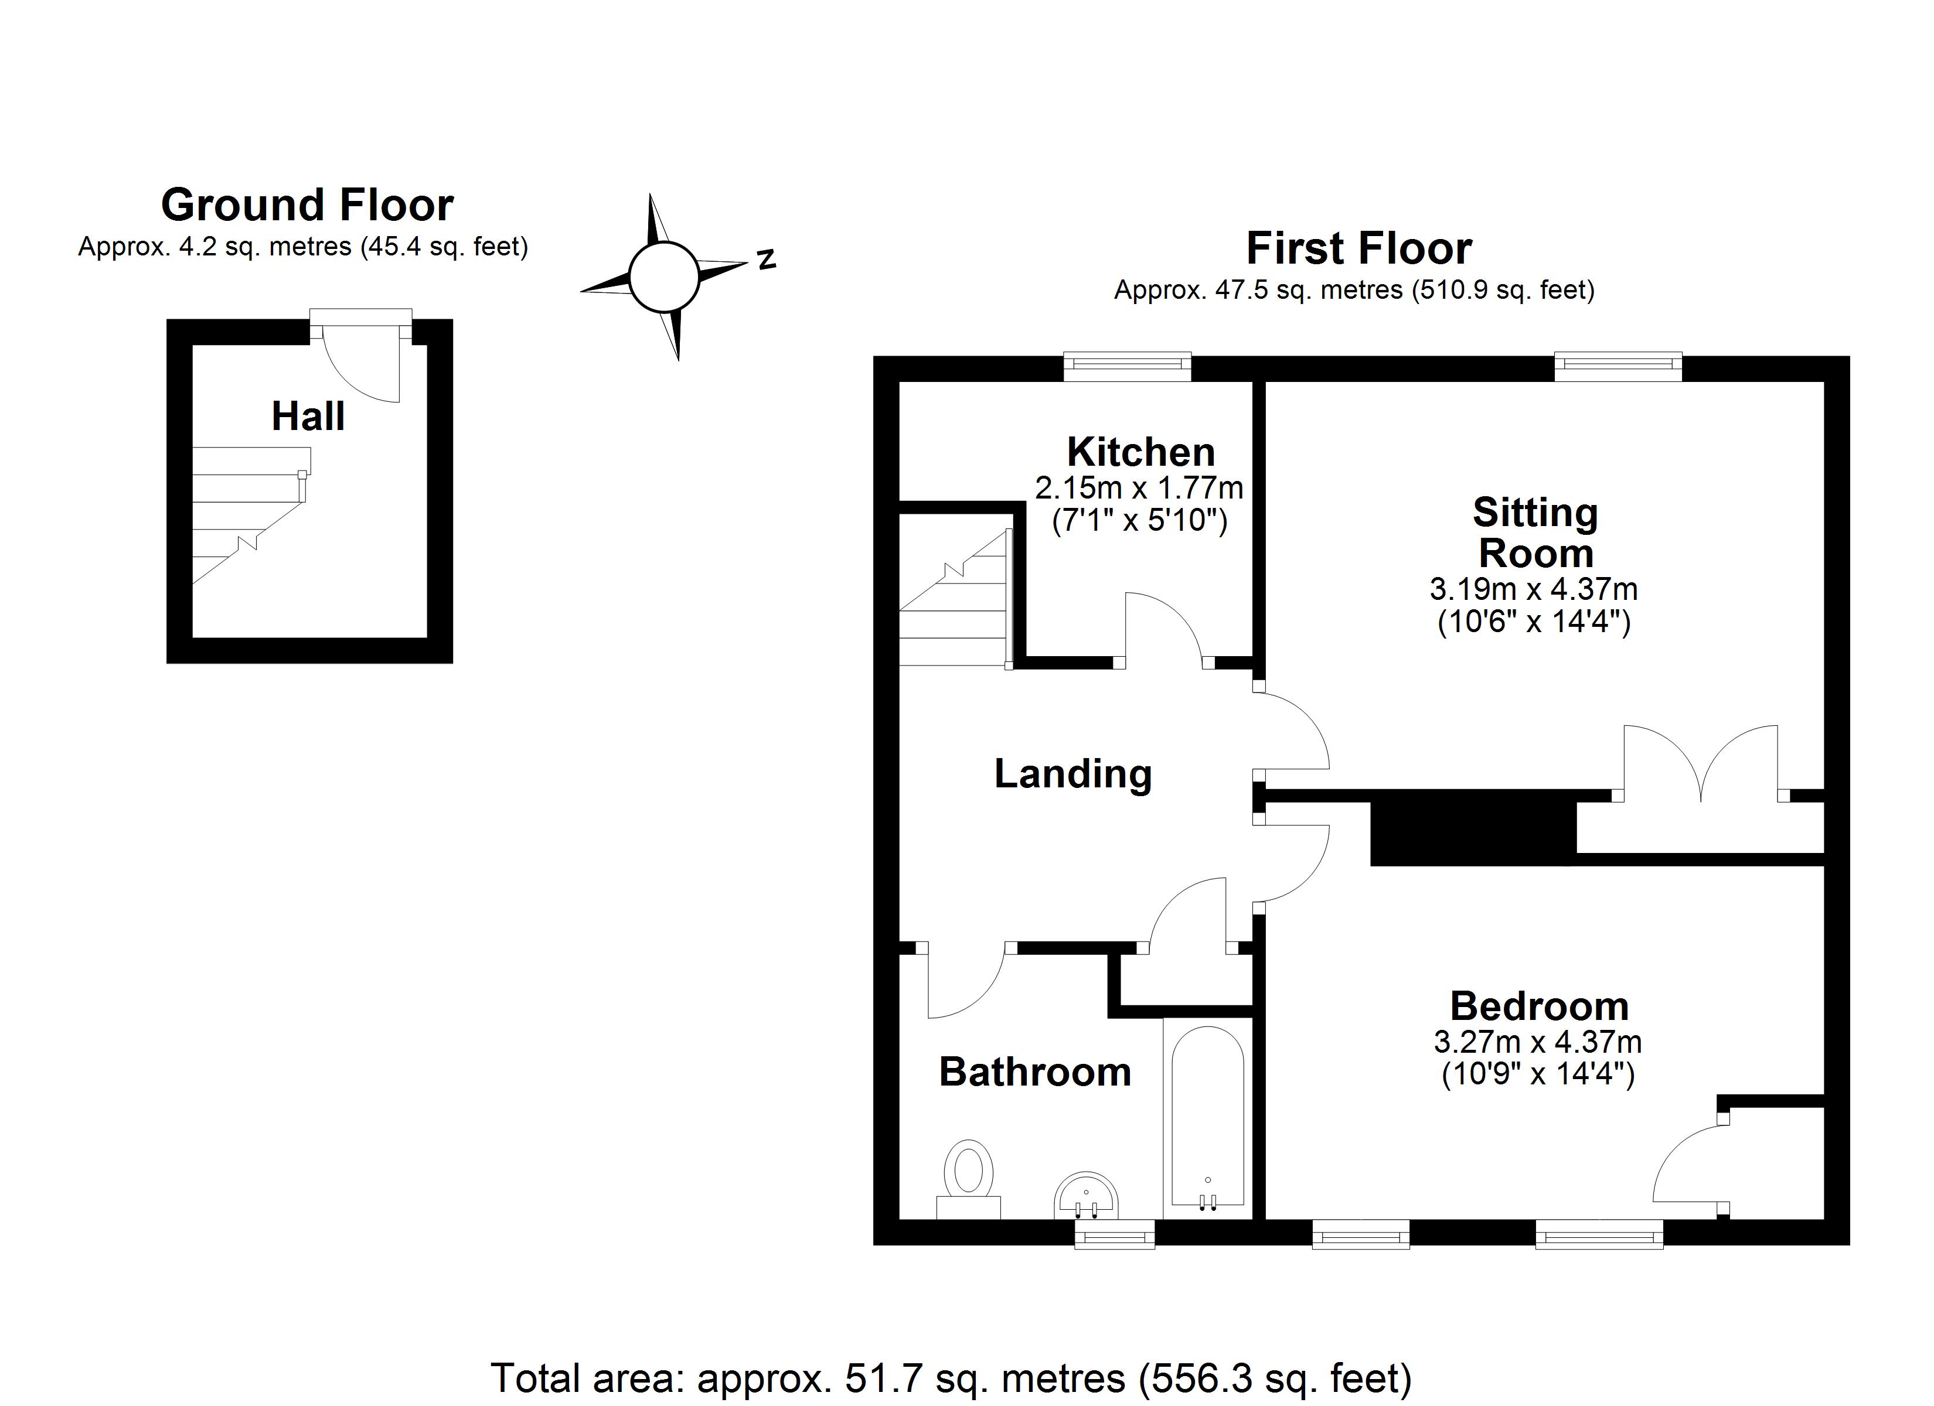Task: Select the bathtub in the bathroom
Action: click(x=1207, y=1117)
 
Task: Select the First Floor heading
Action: click(x=1358, y=248)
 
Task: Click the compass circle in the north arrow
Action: click(x=664, y=277)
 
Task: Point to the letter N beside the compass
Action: click(x=767, y=258)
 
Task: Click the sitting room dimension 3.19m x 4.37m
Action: click(x=1533, y=589)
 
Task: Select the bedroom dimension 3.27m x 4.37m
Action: click(x=1537, y=1042)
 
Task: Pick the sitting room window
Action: click(x=1618, y=367)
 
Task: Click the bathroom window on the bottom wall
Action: click(x=1115, y=1234)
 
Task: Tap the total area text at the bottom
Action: click(x=951, y=1378)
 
